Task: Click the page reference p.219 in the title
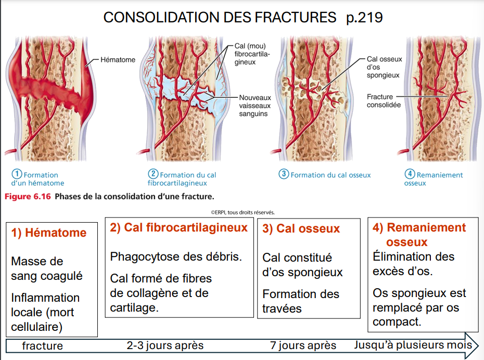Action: (364, 18)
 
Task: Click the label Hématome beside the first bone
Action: (118, 60)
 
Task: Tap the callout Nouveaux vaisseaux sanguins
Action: (256, 106)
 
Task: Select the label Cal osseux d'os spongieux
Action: (384, 67)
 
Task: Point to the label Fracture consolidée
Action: (384, 100)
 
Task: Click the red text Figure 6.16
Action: (28, 197)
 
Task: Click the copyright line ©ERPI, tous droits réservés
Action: (243, 212)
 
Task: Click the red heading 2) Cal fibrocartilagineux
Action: (179, 228)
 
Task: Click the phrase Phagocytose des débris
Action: (176, 257)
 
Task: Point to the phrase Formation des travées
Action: (300, 301)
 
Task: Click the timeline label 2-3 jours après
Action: (165, 345)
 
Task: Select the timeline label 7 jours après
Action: (303, 345)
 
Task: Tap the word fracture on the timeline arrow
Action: (42, 346)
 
